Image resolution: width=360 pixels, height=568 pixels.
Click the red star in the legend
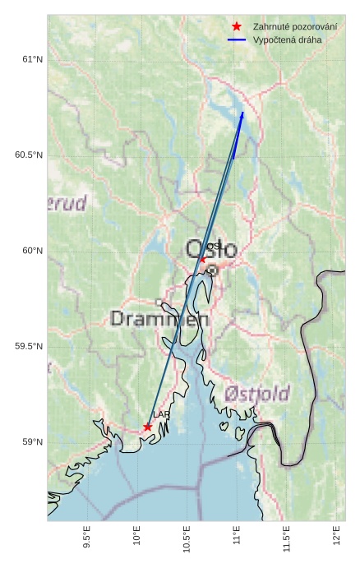(237, 26)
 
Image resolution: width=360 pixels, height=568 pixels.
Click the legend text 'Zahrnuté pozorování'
(295, 26)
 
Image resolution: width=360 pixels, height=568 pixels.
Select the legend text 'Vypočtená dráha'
(288, 39)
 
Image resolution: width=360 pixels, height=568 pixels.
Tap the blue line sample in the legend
(237, 39)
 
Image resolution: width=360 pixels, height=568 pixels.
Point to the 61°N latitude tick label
(32, 59)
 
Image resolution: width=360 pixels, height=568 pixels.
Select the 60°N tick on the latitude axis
(32, 251)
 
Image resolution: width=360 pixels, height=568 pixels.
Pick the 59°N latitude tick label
(32, 442)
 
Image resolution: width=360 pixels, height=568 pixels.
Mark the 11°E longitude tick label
(238, 539)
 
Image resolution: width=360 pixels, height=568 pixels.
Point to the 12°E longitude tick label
(337, 539)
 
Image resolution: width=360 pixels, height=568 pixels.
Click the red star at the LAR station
(147, 427)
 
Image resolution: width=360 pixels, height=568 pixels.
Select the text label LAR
(160, 415)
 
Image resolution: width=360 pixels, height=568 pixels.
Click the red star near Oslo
(203, 259)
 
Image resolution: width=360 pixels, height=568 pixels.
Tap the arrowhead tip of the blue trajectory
(243, 112)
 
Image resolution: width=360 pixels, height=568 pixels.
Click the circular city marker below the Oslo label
(212, 270)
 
